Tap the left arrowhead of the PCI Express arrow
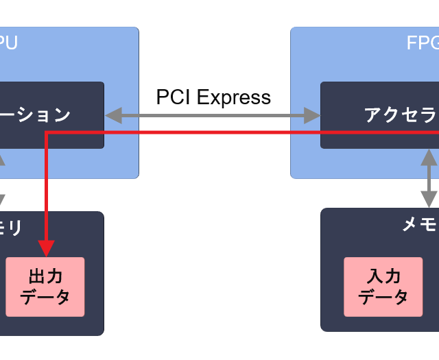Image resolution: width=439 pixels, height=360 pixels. pyautogui.click(x=111, y=115)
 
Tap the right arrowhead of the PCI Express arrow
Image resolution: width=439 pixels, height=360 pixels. pyautogui.click(x=314, y=115)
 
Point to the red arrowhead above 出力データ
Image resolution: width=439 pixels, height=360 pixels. pyautogui.click(x=46, y=248)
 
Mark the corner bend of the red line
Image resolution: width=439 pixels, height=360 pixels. pyautogui.click(x=46, y=132)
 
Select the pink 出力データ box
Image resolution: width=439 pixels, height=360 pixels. pyautogui.click(x=45, y=287)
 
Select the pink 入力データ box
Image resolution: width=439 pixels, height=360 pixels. pyautogui.click(x=383, y=287)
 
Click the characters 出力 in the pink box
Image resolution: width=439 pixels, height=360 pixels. pyautogui.click(x=45, y=277)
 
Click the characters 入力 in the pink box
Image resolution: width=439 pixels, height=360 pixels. pyautogui.click(x=383, y=277)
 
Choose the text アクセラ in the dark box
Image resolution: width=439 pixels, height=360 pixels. pyautogui.click(x=401, y=115)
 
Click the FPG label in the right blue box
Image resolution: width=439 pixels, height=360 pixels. pyautogui.click(x=421, y=43)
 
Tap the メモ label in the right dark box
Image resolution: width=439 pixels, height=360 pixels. pyautogui.click(x=419, y=224)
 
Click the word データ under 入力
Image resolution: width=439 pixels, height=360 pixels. pyautogui.click(x=383, y=297)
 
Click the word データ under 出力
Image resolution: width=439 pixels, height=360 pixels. pyautogui.click(x=45, y=297)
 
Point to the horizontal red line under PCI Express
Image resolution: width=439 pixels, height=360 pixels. pyautogui.click(x=213, y=132)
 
